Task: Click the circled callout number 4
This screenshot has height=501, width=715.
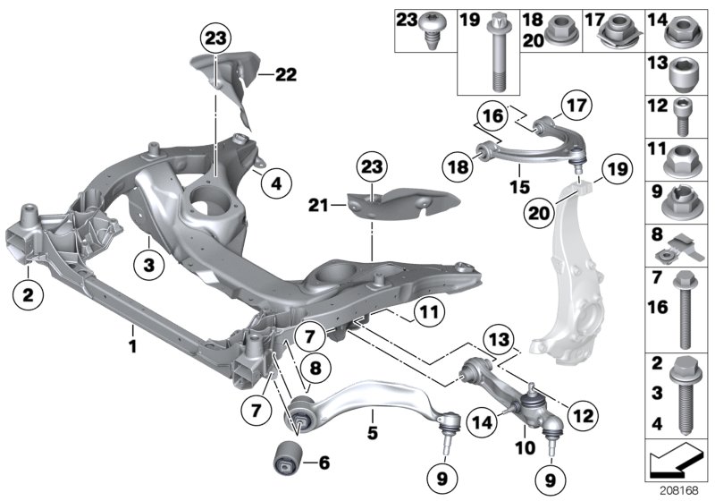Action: [x=276, y=184]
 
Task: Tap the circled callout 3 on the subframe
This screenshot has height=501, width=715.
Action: [x=150, y=264]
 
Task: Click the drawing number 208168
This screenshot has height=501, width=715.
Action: [x=680, y=490]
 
